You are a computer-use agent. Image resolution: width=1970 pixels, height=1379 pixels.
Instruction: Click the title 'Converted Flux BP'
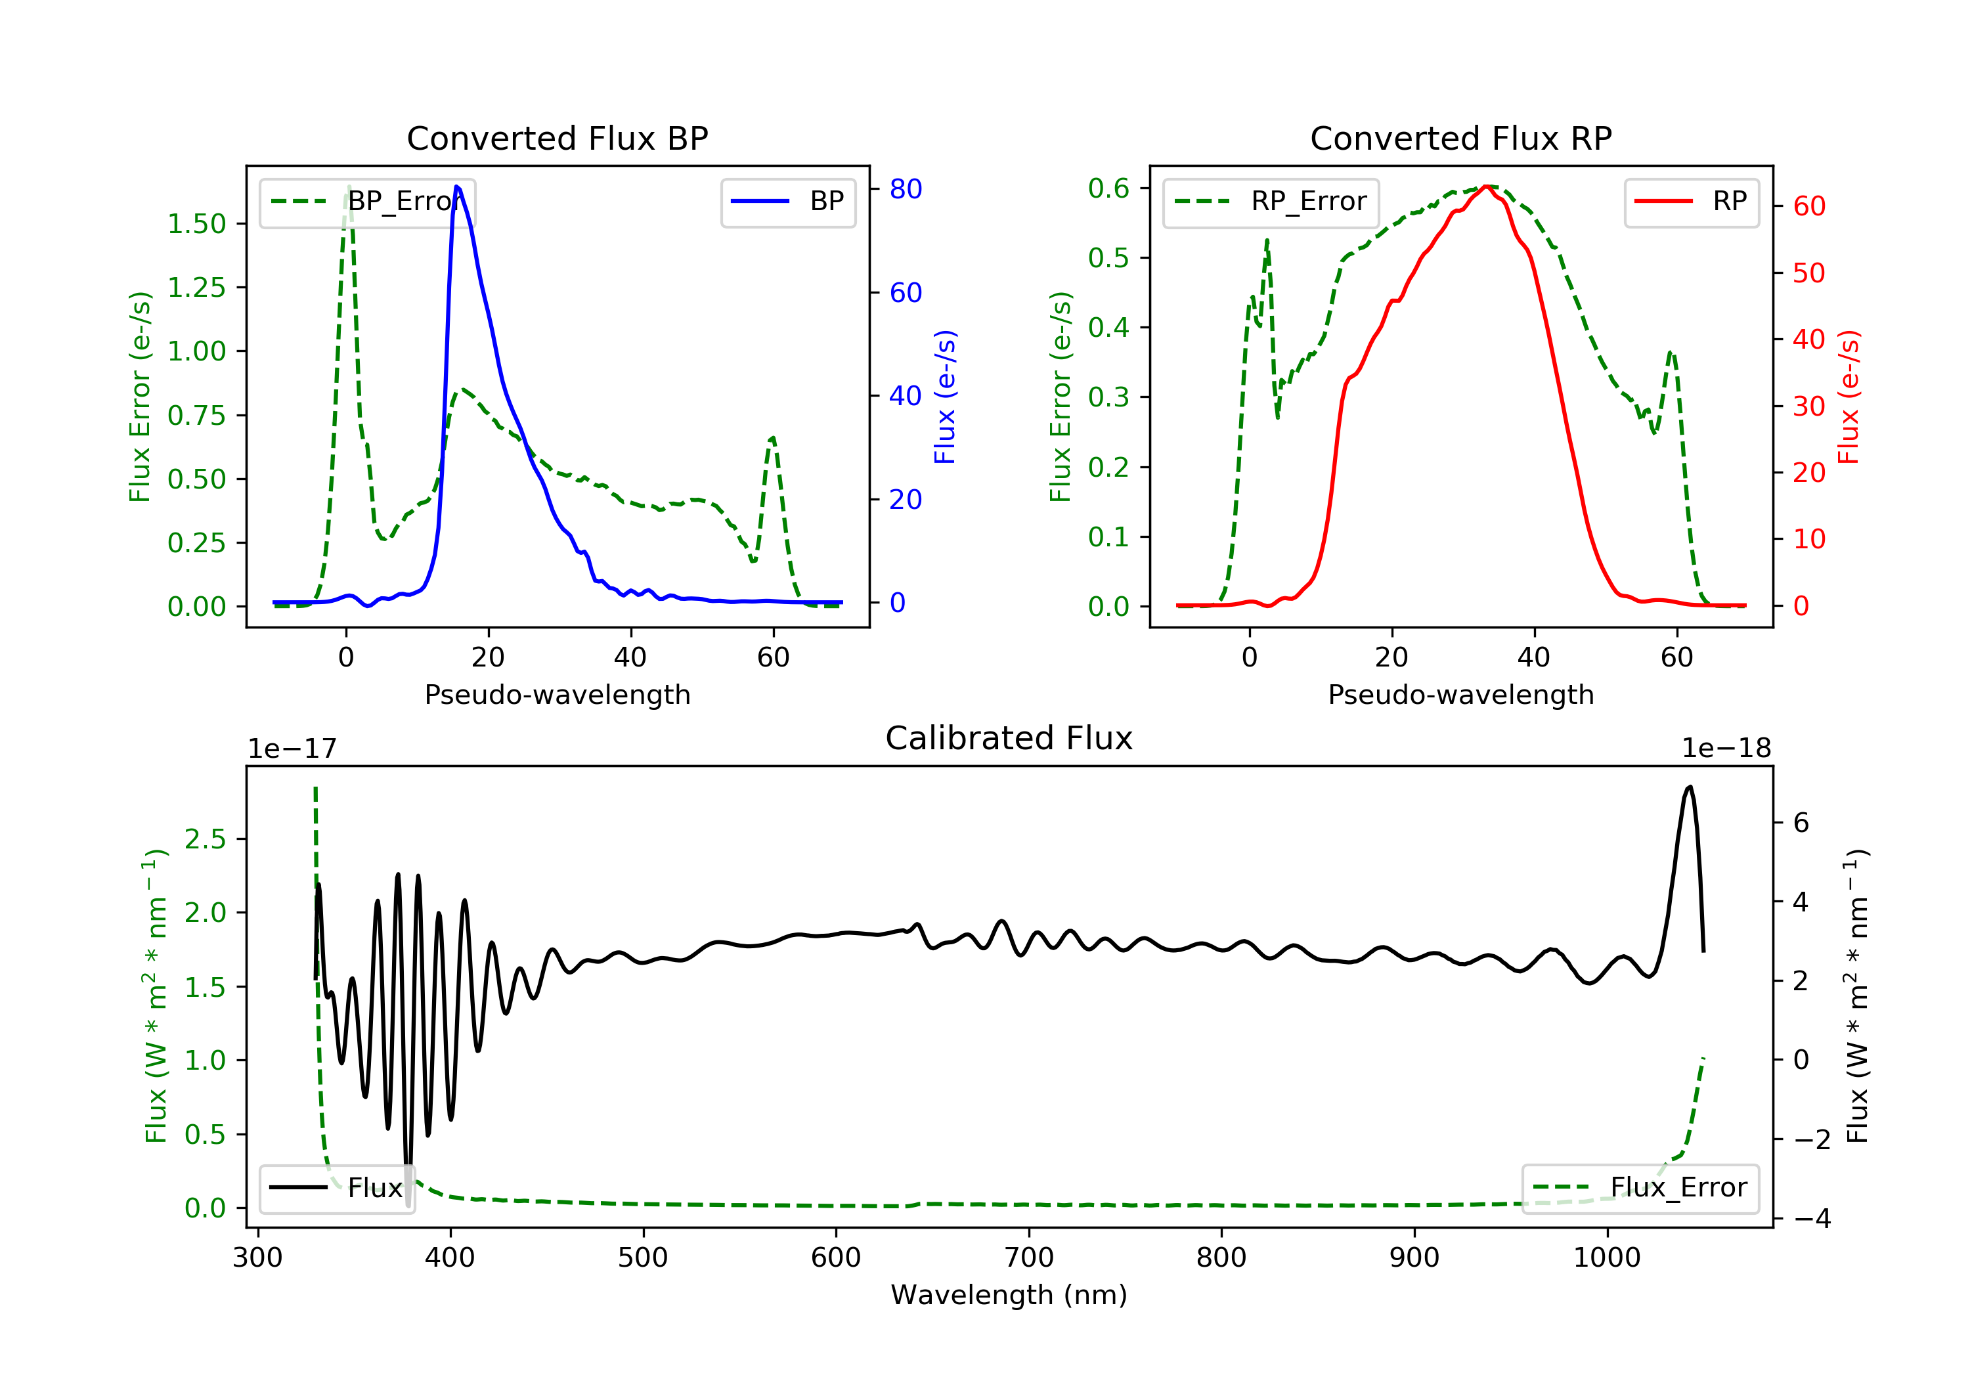[557, 138]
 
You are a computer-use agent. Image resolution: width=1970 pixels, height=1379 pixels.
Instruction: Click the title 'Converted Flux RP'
[1460, 138]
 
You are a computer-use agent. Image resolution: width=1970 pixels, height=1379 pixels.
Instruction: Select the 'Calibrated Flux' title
[1009, 738]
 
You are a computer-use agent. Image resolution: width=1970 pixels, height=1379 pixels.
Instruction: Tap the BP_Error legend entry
[366, 202]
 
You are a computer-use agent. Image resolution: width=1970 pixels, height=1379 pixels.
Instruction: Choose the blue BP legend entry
[787, 202]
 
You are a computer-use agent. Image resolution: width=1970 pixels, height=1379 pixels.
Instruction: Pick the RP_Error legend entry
[1270, 202]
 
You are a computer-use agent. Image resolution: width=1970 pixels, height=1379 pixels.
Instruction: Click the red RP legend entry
[1691, 202]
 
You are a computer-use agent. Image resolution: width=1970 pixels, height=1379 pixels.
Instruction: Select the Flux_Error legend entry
[1640, 1188]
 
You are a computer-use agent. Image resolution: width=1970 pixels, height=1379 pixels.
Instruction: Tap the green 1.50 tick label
[196, 224]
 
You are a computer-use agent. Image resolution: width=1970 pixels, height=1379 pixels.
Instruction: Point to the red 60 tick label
[1808, 206]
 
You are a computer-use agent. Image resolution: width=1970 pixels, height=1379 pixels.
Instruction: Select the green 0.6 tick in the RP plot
[1108, 188]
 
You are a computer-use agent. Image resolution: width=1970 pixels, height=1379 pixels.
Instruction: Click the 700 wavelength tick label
[1029, 1258]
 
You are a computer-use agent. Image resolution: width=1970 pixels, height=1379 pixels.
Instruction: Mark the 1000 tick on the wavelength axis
[1607, 1258]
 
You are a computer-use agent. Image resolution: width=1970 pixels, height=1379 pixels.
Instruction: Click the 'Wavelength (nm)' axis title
[1009, 1295]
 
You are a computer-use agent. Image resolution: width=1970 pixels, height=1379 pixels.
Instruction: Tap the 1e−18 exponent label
[1726, 749]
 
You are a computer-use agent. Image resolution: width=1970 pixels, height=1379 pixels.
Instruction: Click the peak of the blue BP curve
[457, 186]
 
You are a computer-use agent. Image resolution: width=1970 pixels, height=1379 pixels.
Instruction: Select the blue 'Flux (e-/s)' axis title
[945, 397]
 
